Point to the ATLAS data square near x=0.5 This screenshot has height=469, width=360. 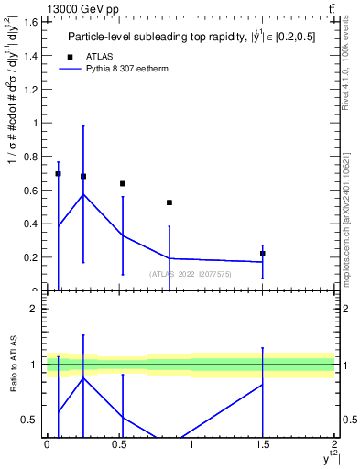(123, 183)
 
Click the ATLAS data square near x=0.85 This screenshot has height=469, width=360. (169, 202)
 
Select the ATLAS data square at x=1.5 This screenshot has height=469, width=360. (263, 254)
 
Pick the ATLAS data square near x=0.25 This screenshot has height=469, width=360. (83, 176)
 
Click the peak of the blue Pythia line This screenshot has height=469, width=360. (83, 194)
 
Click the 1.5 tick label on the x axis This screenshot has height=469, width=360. (263, 444)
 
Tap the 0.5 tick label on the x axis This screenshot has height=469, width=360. (119, 444)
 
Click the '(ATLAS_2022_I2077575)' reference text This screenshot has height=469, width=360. (190, 273)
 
